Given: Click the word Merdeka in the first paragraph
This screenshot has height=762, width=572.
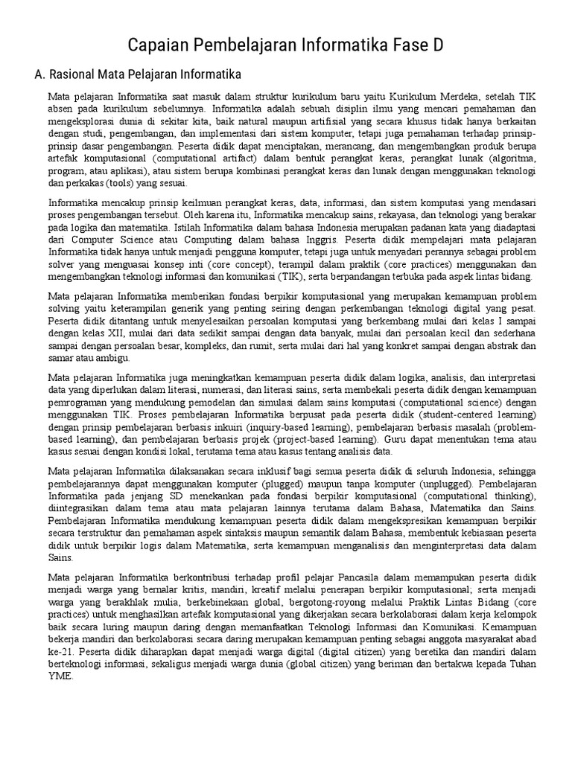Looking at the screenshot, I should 465,97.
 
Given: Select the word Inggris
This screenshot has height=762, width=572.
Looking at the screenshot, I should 321,241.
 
